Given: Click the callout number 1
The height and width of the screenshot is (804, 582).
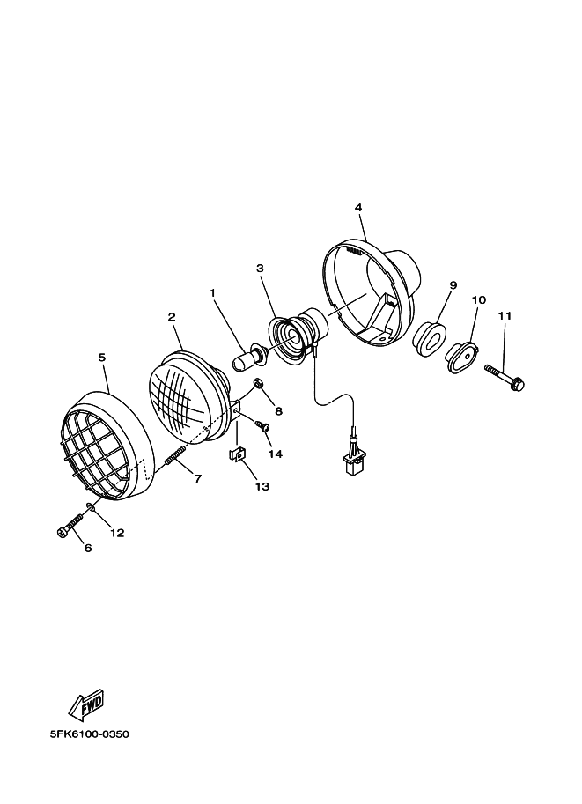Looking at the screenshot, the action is (x=212, y=292).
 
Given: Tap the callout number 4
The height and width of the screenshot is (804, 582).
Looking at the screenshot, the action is (x=358, y=208).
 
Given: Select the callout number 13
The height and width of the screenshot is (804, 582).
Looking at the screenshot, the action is (x=262, y=486).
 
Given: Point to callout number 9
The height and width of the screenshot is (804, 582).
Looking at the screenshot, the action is (x=453, y=285).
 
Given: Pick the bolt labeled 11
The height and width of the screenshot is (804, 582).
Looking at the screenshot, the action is (x=505, y=377).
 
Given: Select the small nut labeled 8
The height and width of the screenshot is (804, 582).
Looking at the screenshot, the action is (x=259, y=383).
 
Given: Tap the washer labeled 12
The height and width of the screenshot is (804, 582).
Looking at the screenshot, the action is (x=92, y=509).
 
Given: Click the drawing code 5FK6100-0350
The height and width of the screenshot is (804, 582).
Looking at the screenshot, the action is (x=90, y=734).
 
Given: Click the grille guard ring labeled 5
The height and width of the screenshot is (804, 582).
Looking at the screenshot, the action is (x=103, y=450).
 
